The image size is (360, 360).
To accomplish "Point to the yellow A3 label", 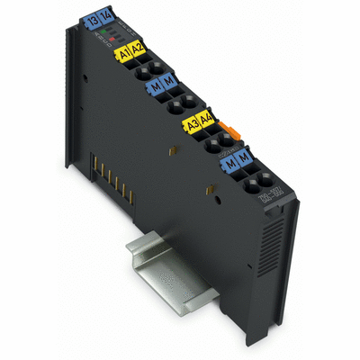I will tap(191, 124).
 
